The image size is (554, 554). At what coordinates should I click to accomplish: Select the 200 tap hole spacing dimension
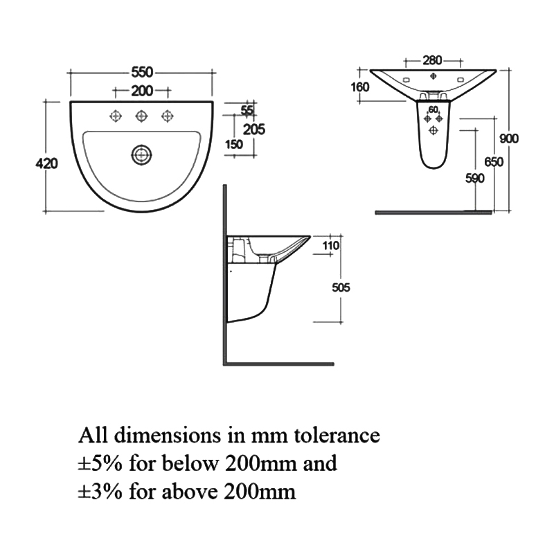click(141, 91)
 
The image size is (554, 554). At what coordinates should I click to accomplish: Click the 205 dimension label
click(255, 128)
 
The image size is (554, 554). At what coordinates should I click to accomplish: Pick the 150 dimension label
click(234, 144)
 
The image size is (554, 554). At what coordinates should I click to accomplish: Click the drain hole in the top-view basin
click(142, 154)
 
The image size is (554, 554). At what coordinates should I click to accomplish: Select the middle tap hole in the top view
click(141, 116)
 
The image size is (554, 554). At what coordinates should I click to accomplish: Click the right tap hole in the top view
click(166, 116)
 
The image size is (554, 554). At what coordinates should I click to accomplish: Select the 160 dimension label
click(360, 87)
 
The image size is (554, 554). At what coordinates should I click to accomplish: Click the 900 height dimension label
click(509, 138)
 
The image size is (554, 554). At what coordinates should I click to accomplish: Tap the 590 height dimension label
click(474, 178)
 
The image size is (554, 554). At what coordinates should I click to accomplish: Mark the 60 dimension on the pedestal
click(433, 109)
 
